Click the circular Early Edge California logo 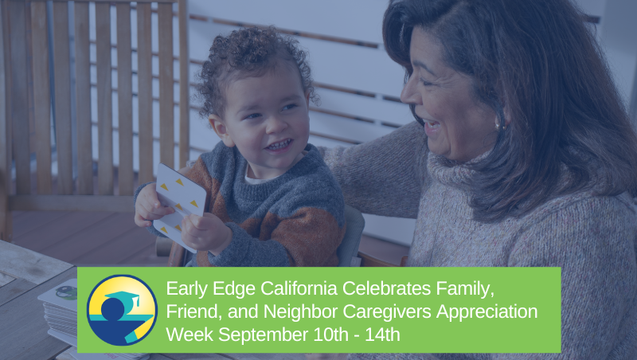122,310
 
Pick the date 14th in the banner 381,335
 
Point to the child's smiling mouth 279,145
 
